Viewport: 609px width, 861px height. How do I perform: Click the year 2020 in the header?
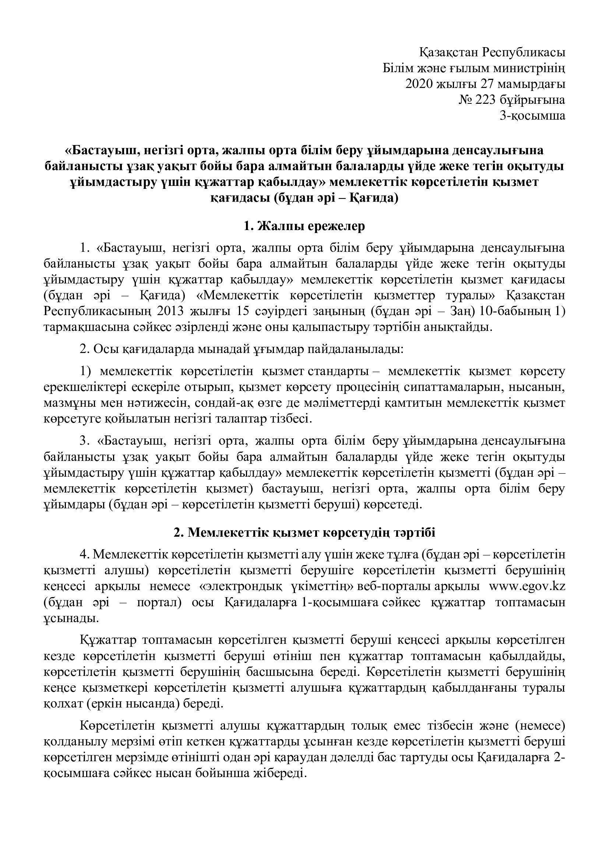click(x=419, y=84)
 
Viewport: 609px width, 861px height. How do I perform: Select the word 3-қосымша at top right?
click(x=532, y=116)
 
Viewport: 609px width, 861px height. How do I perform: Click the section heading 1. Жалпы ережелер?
click(x=304, y=227)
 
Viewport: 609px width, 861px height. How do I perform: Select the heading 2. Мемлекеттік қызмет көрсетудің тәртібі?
click(x=304, y=533)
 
